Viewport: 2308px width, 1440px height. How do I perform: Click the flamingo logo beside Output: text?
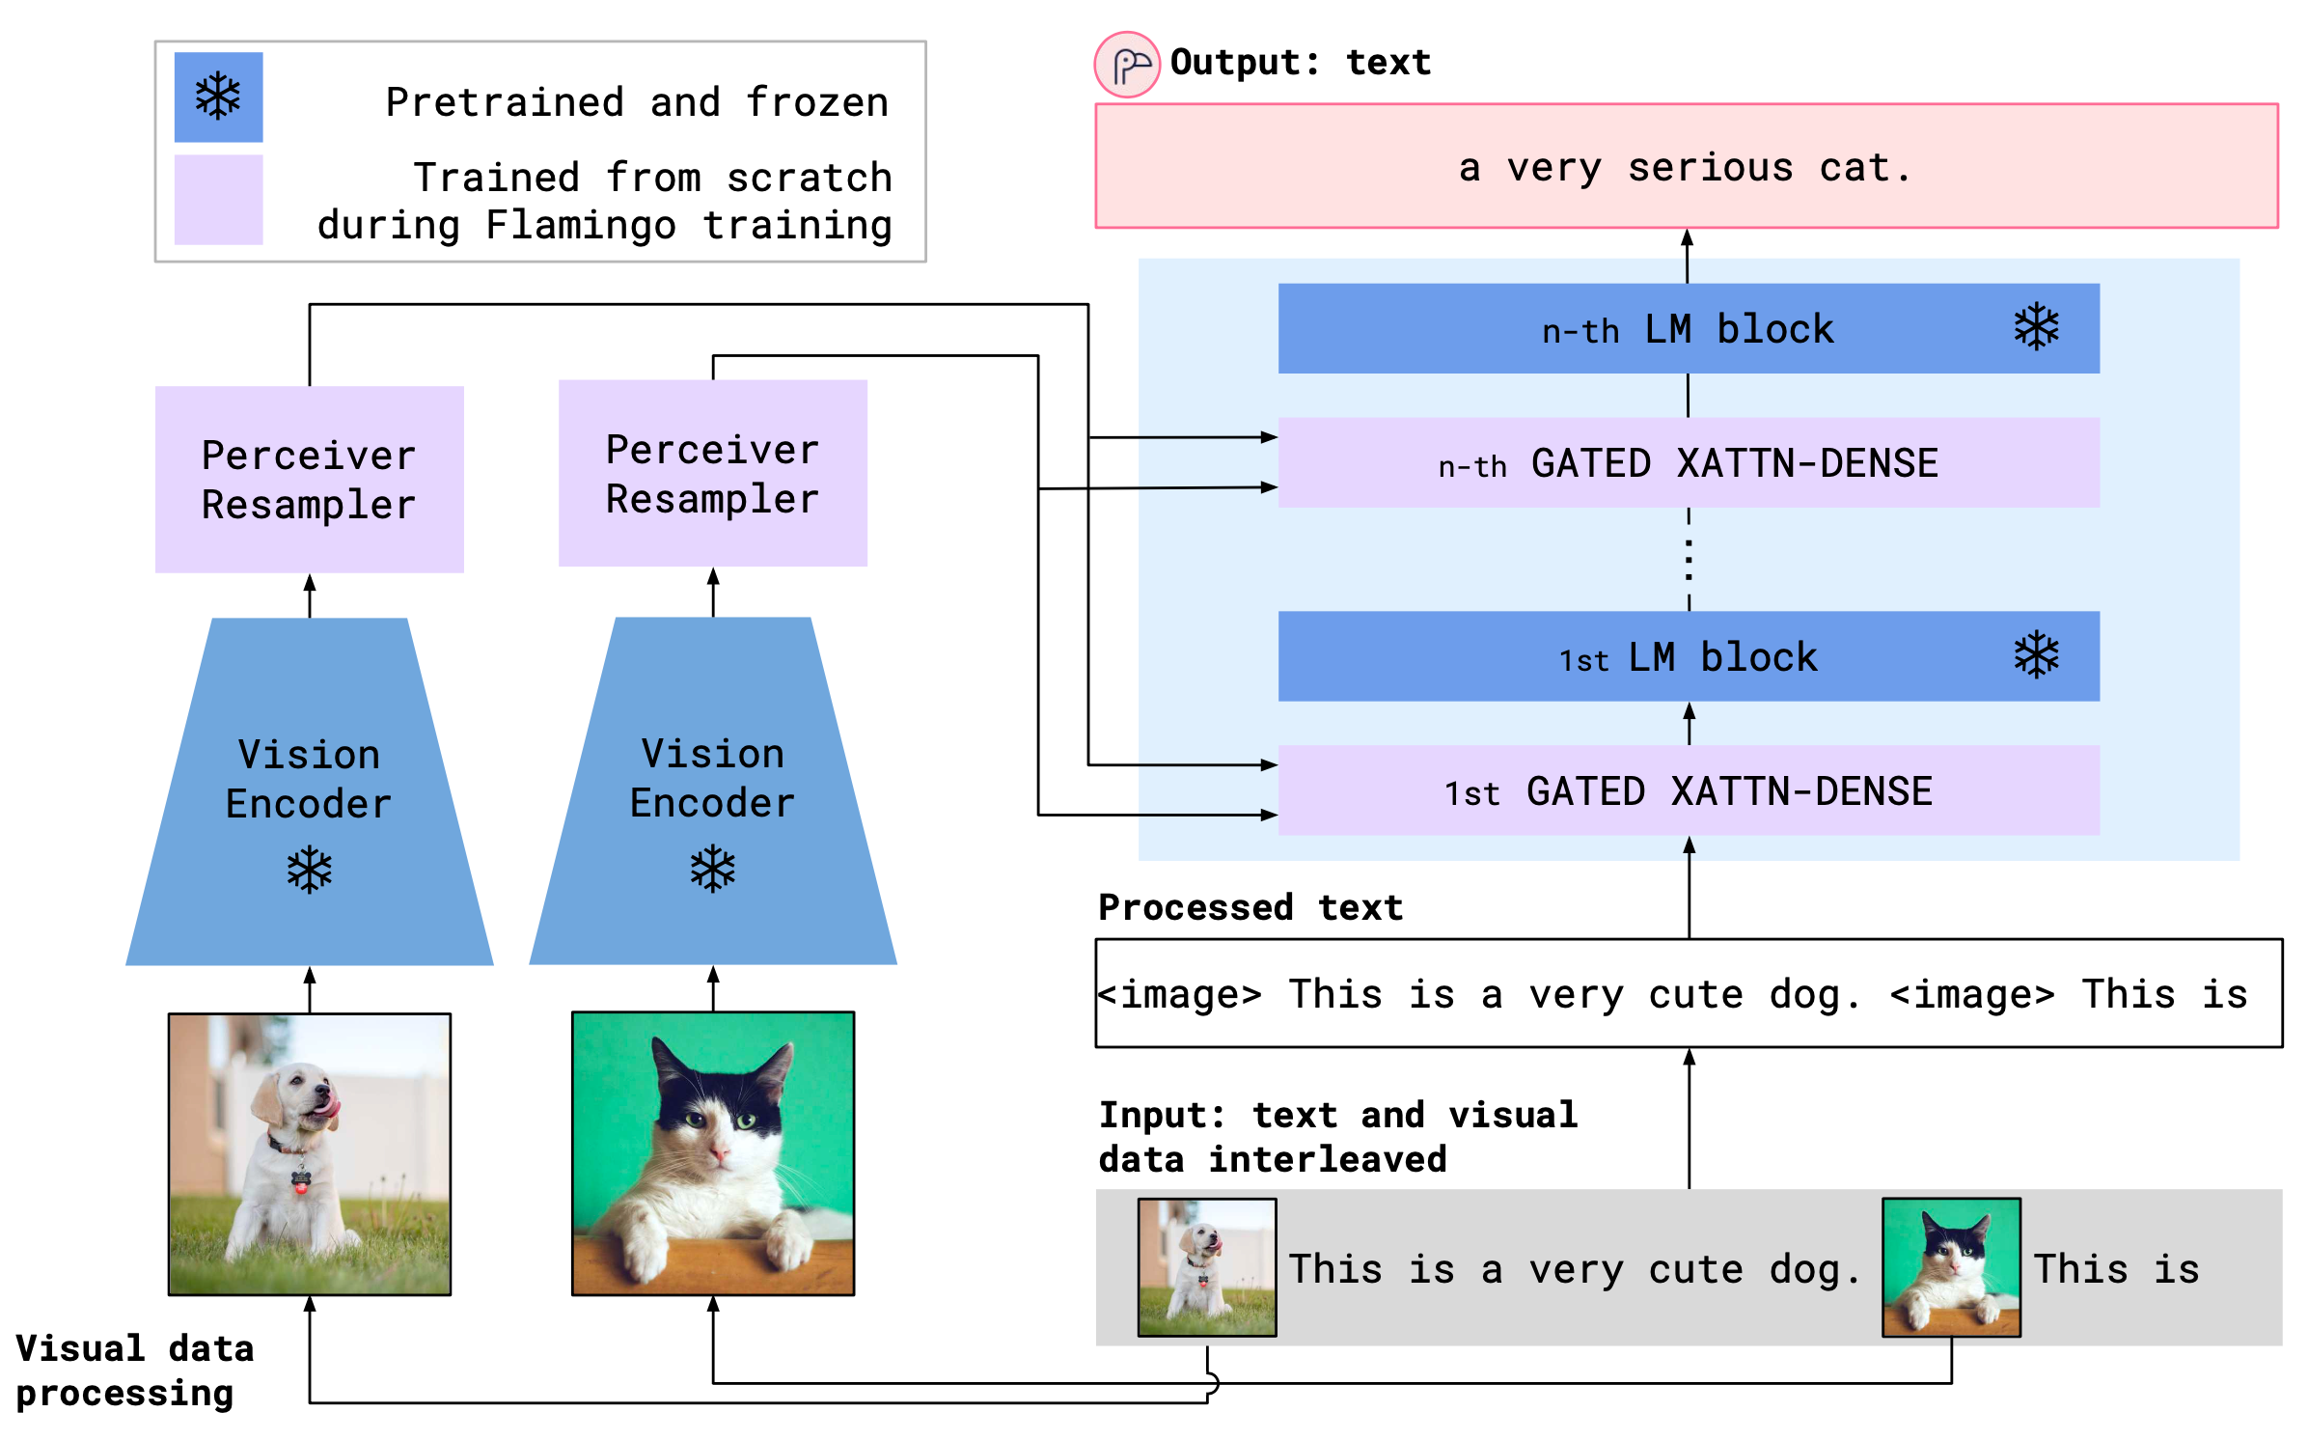tap(1127, 66)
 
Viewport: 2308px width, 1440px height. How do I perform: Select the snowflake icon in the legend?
tap(218, 97)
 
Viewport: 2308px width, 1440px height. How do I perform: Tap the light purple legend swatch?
tap(218, 200)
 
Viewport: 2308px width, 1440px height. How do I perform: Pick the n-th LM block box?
tap(1689, 329)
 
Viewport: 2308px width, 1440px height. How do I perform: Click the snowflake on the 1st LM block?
tap(2036, 656)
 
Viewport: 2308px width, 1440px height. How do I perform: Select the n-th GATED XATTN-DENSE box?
tap(1689, 463)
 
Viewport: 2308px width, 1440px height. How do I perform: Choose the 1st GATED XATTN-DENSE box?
tap(1689, 791)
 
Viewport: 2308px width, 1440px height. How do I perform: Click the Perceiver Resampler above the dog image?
tap(309, 480)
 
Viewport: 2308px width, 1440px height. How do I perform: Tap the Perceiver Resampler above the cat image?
tap(712, 474)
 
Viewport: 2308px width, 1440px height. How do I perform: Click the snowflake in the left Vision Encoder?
tap(309, 871)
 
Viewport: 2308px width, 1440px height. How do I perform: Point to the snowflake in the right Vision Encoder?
tap(712, 869)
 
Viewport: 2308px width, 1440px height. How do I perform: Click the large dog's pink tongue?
tap(332, 1106)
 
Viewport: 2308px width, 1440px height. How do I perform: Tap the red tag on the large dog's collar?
tap(301, 1185)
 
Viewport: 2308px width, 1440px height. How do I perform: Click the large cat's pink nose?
tap(718, 1153)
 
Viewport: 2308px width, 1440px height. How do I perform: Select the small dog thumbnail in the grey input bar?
tap(1207, 1267)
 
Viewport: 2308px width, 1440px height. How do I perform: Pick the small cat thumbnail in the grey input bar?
tap(1951, 1267)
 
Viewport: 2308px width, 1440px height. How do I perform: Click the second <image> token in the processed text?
tap(1972, 994)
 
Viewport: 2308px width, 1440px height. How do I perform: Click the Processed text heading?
tap(1250, 907)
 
